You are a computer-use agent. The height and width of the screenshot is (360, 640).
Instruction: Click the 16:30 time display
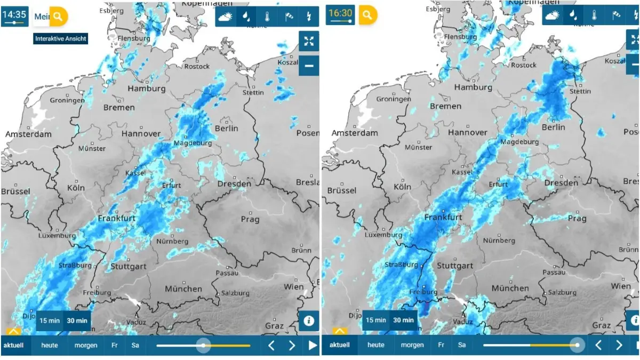(x=341, y=14)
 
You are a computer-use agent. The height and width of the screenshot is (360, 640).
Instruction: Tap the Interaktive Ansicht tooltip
(x=61, y=38)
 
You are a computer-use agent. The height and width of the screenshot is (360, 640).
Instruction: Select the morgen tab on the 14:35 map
(x=86, y=345)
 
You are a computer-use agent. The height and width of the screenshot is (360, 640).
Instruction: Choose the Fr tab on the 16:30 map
(x=441, y=345)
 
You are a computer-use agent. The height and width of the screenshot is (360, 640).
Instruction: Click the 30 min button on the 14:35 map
(x=76, y=320)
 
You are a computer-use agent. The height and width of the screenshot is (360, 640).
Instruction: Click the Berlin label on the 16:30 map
(x=553, y=127)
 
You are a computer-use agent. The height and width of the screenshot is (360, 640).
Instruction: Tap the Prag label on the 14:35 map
(x=250, y=219)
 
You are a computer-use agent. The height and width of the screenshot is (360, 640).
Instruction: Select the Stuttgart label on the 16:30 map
(x=455, y=266)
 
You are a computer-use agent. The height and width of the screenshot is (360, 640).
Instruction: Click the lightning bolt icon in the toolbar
(x=308, y=17)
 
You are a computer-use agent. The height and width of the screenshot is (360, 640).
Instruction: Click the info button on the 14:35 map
(x=309, y=321)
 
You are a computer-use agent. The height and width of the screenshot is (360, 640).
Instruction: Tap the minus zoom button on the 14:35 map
(x=309, y=66)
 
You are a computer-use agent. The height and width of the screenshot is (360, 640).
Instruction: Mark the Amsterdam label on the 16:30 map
(x=355, y=133)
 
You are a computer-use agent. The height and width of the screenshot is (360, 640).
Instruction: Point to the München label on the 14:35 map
(x=183, y=289)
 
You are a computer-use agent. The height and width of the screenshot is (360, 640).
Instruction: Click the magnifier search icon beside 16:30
(x=367, y=15)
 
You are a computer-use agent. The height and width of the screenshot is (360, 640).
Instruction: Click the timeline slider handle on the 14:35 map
(x=203, y=345)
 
